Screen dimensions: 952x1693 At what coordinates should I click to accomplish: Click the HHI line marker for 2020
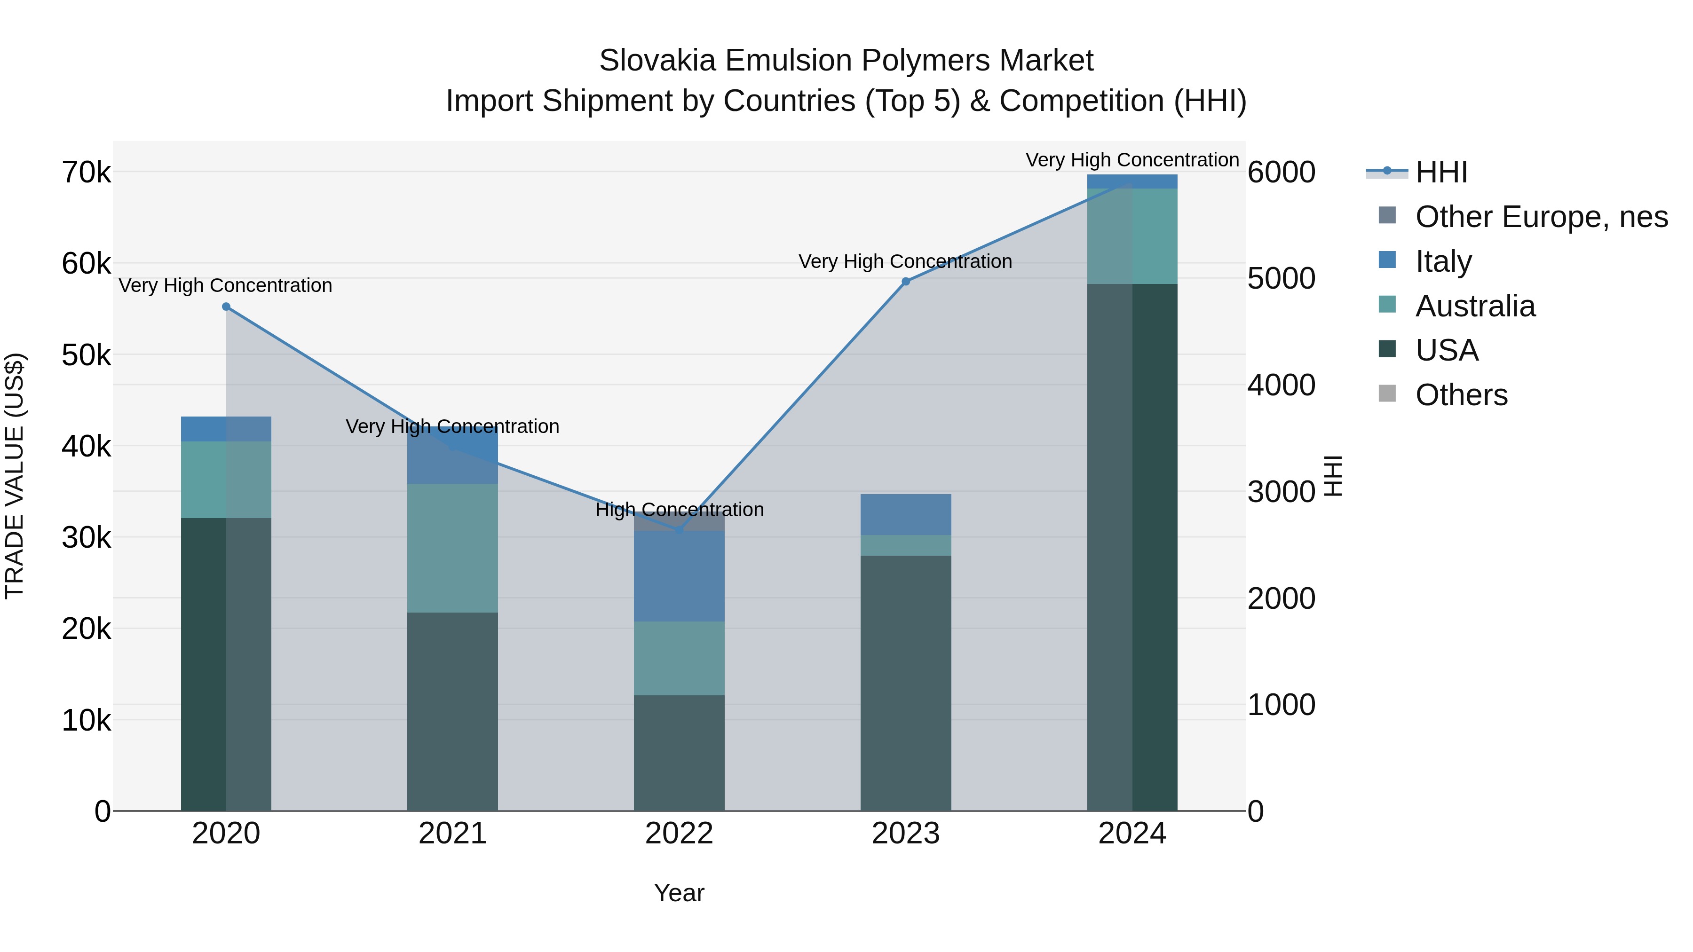tap(226, 307)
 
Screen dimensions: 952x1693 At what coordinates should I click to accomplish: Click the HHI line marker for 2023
tap(906, 282)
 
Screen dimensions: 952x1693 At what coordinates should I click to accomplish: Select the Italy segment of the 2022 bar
tap(679, 576)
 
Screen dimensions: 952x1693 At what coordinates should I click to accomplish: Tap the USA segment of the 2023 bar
tap(906, 683)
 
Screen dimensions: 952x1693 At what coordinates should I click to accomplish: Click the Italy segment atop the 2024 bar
tap(1132, 181)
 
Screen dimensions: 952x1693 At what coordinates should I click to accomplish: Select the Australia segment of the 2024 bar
tap(1132, 236)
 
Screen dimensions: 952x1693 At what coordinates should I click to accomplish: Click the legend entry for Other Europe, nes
tap(1541, 217)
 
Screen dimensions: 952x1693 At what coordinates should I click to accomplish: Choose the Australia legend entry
tap(1475, 306)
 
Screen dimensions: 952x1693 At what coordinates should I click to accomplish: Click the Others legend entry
tap(1461, 395)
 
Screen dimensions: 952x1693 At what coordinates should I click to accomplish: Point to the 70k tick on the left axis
tap(87, 173)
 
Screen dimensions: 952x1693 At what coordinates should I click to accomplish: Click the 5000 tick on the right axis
tap(1281, 279)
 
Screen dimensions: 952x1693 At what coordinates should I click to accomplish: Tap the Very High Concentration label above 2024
tap(1132, 160)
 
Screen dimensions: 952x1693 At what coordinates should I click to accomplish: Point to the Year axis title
tap(679, 894)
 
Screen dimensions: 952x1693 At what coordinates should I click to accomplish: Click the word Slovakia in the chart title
tap(657, 61)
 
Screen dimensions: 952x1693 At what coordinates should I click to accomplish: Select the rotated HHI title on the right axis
tap(1333, 476)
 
